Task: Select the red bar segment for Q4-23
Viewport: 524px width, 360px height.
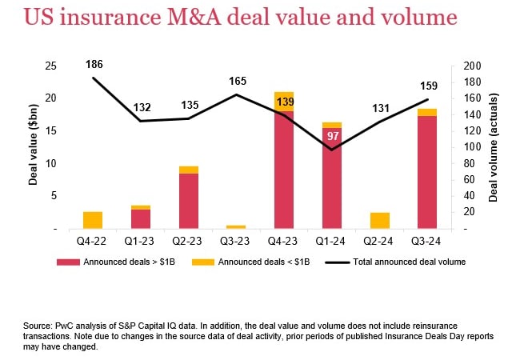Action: (x=283, y=168)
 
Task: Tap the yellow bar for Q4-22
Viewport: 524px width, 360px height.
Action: (x=93, y=220)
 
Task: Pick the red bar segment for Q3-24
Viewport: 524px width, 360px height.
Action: (x=426, y=172)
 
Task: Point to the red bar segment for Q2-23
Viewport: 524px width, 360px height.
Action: (x=188, y=200)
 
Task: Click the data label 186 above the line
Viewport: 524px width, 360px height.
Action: (x=93, y=64)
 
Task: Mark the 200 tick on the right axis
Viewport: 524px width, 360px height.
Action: (x=472, y=66)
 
